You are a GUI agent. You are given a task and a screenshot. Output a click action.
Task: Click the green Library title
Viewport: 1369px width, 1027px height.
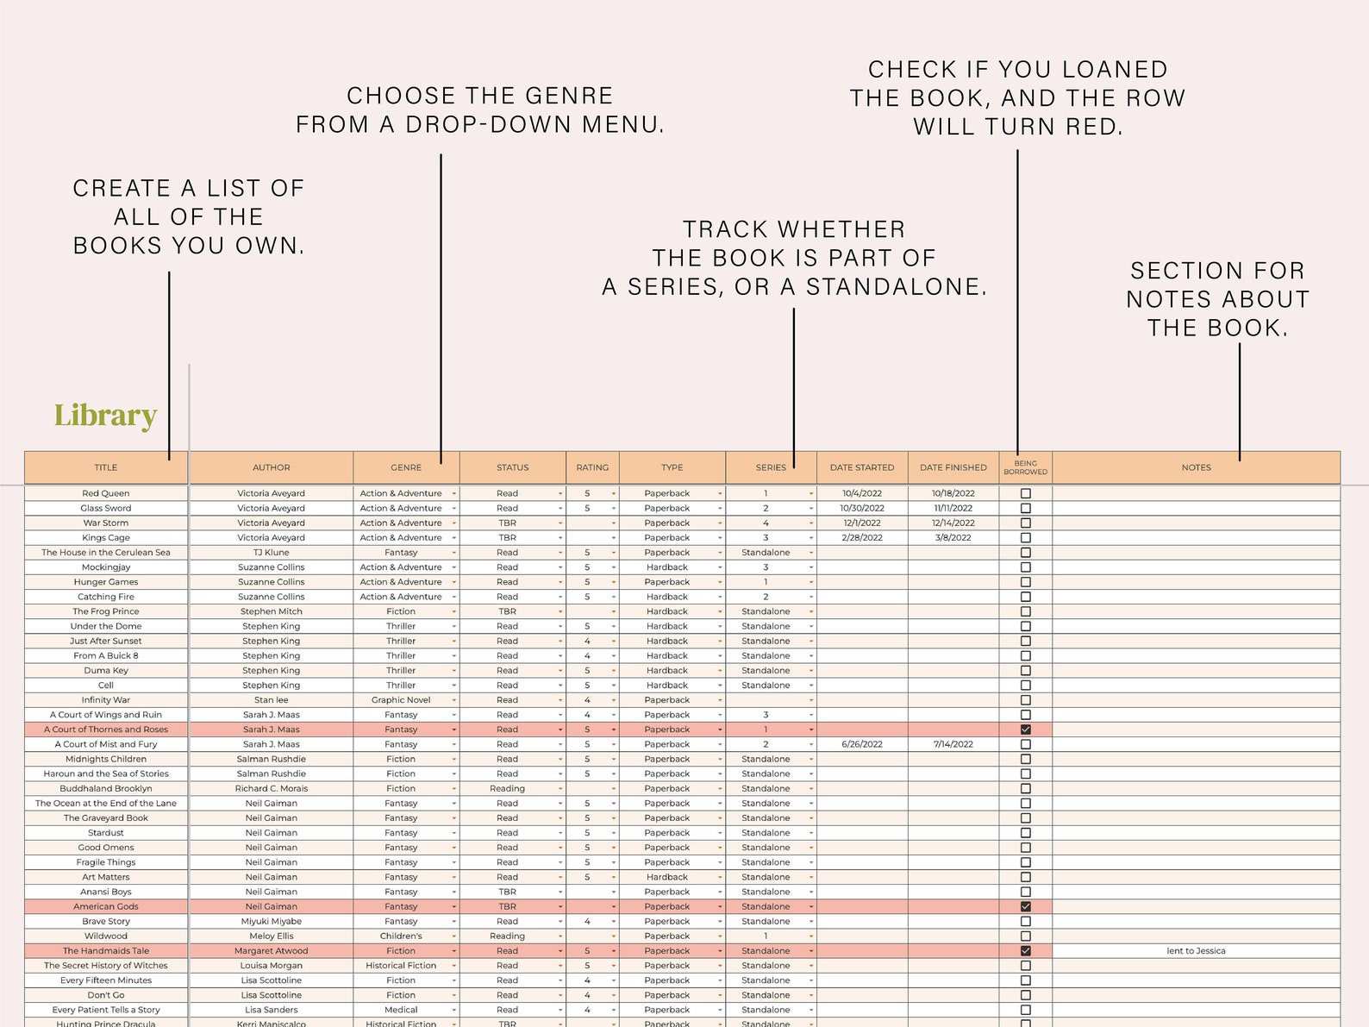tap(105, 415)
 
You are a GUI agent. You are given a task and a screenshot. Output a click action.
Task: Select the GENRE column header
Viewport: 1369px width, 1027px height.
tap(406, 467)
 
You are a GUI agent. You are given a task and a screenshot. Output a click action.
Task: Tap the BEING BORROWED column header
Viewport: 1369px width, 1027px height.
tap(1025, 467)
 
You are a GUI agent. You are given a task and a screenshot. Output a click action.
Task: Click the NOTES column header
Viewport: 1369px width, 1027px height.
tap(1196, 467)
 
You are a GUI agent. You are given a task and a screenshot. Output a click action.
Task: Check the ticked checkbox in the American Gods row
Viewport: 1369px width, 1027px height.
tap(1025, 906)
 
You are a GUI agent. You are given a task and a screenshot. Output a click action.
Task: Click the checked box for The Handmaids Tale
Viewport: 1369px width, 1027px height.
tap(1025, 950)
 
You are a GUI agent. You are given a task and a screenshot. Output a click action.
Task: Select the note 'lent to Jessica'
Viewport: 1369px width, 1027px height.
tap(1196, 950)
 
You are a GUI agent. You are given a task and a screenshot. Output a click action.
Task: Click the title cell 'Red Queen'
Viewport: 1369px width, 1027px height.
tap(105, 493)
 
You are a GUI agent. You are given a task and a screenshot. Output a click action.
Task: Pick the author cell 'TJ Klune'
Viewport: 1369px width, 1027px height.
tap(271, 552)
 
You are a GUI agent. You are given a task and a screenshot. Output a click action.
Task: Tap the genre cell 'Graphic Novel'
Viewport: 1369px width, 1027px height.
tap(401, 699)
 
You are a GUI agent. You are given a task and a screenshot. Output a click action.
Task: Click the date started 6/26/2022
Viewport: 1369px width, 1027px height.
tap(862, 744)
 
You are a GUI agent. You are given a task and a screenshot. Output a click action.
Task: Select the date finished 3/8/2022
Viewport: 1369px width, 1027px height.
tap(953, 537)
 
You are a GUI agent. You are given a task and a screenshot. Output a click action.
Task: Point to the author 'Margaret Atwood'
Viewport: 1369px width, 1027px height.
tap(271, 950)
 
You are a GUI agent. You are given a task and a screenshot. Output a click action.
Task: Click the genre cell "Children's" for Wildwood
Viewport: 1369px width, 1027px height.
tap(401, 936)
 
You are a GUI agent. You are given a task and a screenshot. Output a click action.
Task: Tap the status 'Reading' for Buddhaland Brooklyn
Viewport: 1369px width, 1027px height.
tap(507, 788)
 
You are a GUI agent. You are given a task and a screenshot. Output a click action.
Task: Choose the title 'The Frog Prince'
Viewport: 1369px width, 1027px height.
tap(105, 611)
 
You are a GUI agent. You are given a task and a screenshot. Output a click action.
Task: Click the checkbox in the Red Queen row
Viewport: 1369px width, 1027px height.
tap(1025, 493)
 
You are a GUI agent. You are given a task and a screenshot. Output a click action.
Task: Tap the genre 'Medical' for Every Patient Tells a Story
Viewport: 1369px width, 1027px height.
tap(401, 1010)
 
